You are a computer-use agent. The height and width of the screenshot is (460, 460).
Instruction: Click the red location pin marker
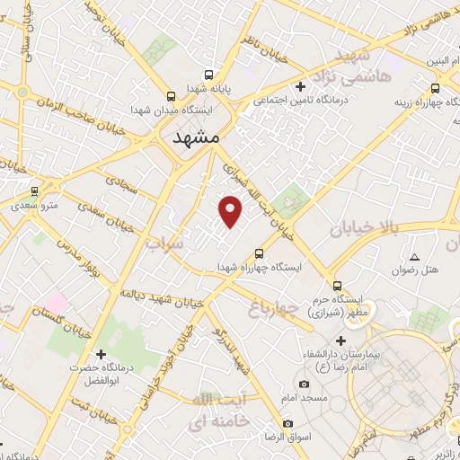pyautogui.click(x=232, y=210)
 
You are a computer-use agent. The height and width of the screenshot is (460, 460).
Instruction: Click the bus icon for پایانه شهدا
pyautogui.click(x=208, y=75)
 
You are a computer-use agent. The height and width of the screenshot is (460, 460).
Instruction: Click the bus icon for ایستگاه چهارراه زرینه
pyautogui.click(x=436, y=88)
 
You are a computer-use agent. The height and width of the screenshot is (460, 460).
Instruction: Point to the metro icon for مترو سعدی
pyautogui.click(x=35, y=190)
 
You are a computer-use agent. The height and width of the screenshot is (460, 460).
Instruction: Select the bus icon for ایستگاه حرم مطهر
pyautogui.click(x=337, y=283)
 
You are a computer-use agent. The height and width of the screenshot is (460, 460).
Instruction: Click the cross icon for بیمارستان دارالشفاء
pyautogui.click(x=340, y=341)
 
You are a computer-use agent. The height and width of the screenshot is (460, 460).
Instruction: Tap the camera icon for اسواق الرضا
pyautogui.click(x=287, y=423)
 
